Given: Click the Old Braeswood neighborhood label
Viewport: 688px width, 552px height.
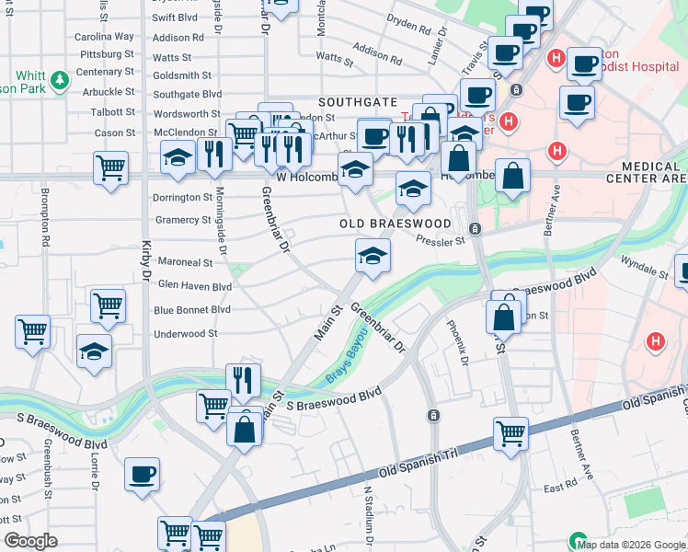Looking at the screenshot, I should tap(396, 224).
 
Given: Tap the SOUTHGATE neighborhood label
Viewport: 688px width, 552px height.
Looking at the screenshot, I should tap(358, 101).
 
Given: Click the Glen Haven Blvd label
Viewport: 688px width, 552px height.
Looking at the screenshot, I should tap(195, 286).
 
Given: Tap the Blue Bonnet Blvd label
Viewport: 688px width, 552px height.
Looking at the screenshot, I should tap(192, 310).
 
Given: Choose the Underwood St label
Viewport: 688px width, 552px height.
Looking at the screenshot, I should tap(186, 334).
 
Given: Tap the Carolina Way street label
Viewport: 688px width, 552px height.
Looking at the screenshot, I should tap(104, 37).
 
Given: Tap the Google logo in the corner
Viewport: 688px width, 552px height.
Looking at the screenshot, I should tap(30, 541).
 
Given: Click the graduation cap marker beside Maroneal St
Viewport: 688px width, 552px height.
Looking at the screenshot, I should tap(373, 255).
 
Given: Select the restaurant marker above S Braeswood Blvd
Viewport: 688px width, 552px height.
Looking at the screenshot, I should tap(243, 378).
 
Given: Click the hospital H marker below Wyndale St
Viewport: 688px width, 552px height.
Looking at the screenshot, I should tap(655, 342).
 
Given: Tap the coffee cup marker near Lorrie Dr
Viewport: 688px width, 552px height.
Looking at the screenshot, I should tap(142, 474).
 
